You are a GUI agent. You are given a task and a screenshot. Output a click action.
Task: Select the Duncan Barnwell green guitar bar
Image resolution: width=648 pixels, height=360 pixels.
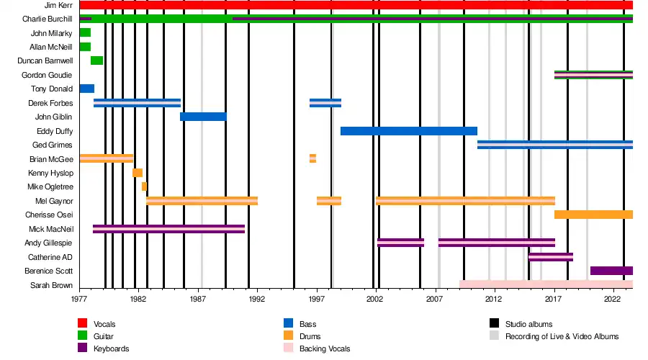(x=96, y=60)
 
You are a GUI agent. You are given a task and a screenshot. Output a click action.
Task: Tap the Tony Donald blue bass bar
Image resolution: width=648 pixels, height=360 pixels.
(x=86, y=89)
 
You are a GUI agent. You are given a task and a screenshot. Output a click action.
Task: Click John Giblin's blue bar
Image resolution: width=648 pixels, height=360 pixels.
(x=203, y=117)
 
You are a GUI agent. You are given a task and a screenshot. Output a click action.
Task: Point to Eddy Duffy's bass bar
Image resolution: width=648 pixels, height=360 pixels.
(x=408, y=131)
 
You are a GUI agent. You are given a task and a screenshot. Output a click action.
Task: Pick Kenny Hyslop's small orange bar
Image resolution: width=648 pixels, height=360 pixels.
(x=138, y=173)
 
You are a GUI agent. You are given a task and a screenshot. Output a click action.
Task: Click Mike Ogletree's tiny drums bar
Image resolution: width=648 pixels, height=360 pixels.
(x=144, y=186)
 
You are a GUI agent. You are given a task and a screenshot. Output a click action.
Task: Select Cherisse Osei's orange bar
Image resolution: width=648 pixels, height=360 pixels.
(x=593, y=215)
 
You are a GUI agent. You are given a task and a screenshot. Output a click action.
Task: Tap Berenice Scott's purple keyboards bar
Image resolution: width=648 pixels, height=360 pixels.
(x=611, y=271)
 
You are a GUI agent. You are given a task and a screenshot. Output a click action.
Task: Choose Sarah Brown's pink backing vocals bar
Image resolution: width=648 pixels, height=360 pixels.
(x=546, y=284)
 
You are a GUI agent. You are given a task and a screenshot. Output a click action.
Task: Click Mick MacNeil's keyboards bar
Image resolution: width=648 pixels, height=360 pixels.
(x=168, y=229)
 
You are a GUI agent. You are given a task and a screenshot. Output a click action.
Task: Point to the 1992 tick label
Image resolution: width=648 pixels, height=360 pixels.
(x=256, y=298)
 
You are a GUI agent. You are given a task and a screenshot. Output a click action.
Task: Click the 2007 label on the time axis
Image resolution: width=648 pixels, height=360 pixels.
(x=434, y=298)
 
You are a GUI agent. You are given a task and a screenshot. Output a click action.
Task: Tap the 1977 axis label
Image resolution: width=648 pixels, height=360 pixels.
(x=79, y=298)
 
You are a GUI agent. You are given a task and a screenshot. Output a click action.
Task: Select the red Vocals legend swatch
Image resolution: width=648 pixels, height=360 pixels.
(x=83, y=324)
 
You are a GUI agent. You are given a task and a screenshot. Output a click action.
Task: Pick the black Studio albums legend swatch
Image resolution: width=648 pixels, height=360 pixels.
(x=494, y=324)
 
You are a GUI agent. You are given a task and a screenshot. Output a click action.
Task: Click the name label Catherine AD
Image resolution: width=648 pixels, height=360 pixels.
(x=50, y=257)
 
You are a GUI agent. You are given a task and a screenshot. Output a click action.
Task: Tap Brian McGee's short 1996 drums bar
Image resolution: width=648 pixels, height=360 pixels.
(x=312, y=158)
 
